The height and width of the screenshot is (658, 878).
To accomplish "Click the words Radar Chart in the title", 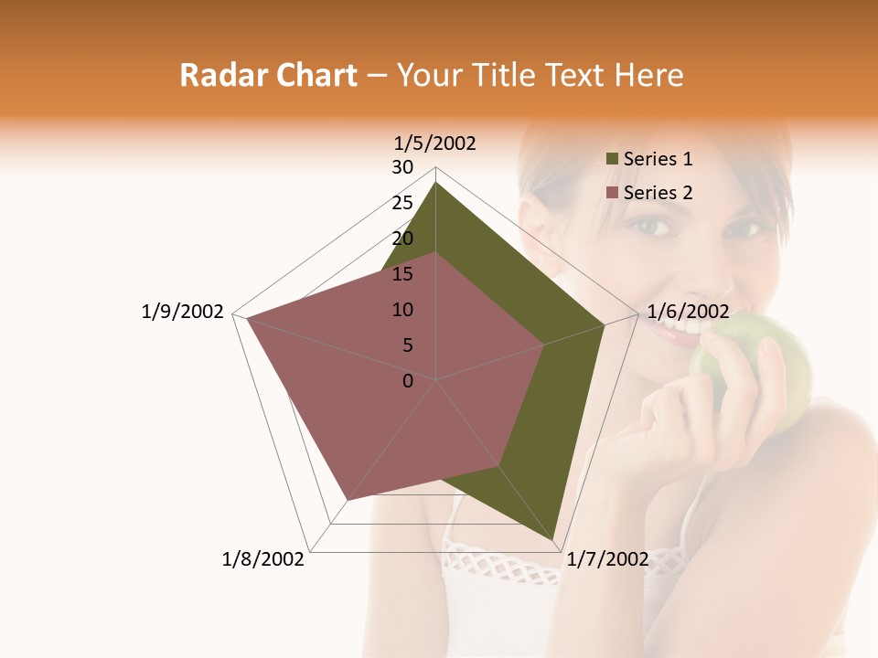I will (268, 75).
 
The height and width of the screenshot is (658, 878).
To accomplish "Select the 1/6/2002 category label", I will (688, 312).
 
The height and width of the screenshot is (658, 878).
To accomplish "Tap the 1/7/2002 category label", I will (608, 559).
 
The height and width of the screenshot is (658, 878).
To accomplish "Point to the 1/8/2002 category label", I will (263, 559).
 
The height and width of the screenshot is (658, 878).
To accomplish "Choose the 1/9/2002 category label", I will (183, 312).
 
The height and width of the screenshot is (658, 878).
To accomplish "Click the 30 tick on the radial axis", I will (402, 167).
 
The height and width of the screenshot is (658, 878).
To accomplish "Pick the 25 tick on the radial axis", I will (402, 203).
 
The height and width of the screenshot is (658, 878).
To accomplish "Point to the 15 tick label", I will (402, 274).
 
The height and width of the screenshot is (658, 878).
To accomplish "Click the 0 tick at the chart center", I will (408, 381).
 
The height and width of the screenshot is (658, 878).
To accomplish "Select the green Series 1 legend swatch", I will (612, 159).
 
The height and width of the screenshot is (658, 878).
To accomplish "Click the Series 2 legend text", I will (658, 193).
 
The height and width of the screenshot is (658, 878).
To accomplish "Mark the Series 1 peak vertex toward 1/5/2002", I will (436, 183).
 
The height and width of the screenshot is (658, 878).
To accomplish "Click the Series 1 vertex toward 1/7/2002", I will (554, 540).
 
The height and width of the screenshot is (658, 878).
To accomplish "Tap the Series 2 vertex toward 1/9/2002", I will (247, 318).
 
